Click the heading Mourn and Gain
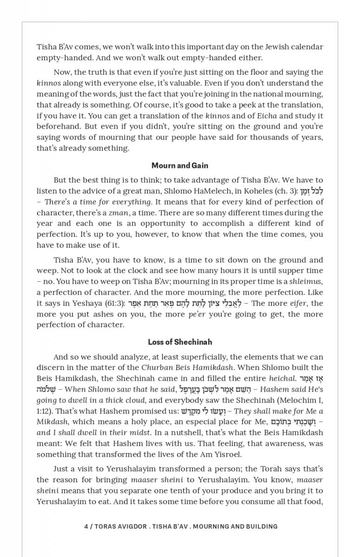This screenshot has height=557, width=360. [180, 166]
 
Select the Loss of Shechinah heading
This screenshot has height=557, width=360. [180, 342]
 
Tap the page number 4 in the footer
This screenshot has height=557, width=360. [86, 526]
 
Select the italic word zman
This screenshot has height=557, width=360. [118, 213]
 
